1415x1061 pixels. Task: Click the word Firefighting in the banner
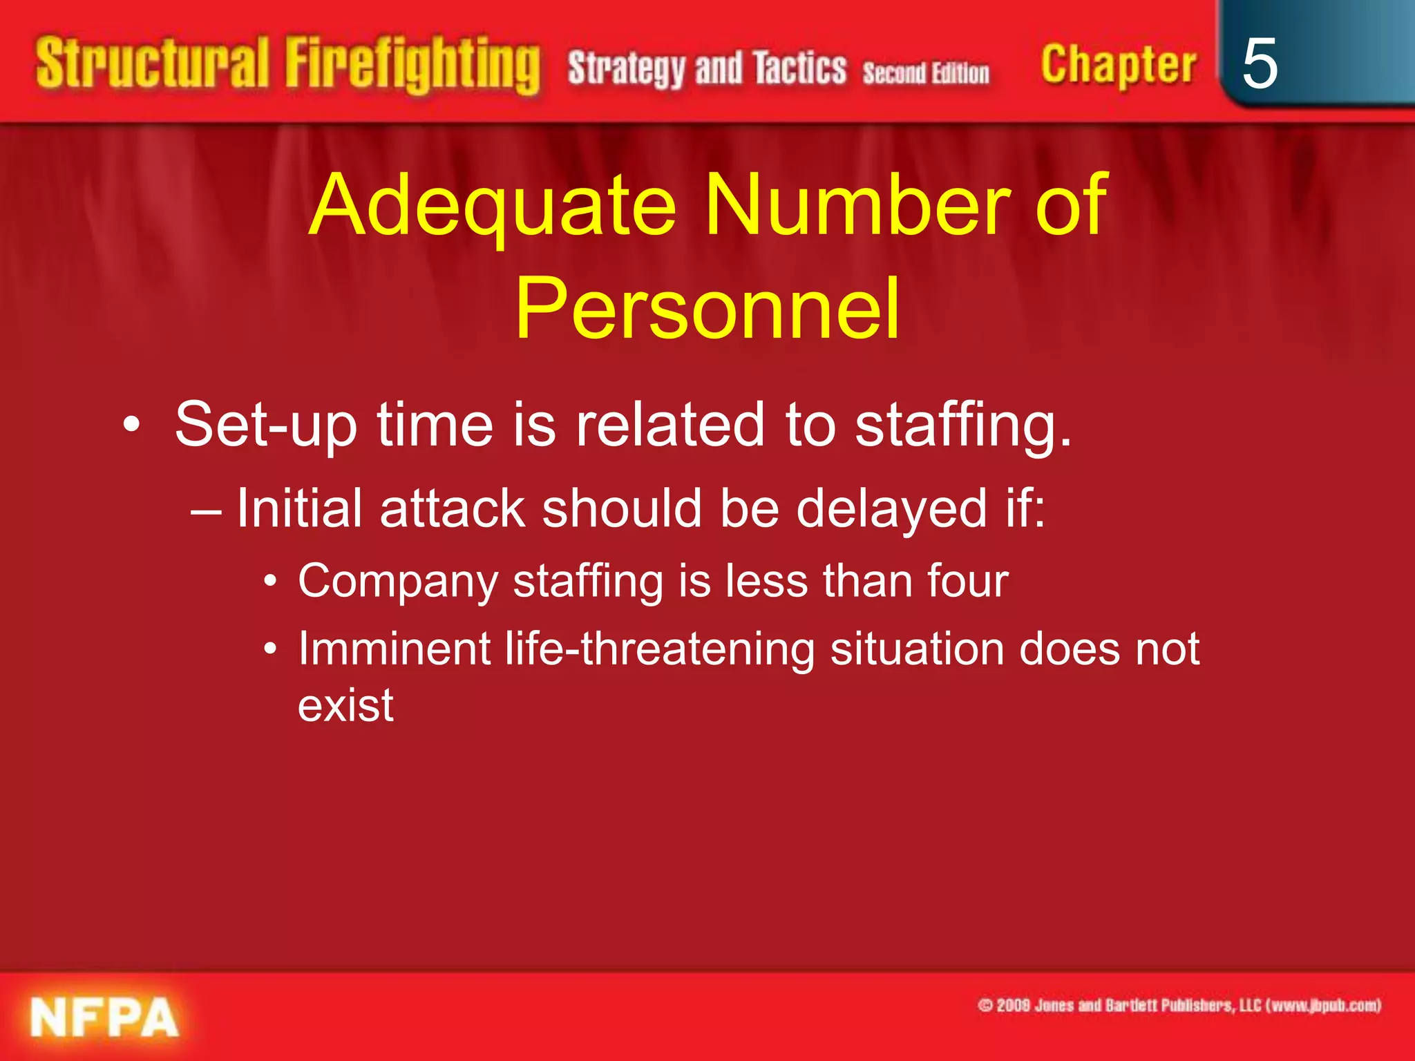coord(412,66)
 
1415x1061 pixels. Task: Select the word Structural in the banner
coord(152,64)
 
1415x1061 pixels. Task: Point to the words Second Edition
coord(925,73)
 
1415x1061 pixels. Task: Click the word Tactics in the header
coord(799,68)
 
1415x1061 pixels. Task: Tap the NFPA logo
coord(104,1017)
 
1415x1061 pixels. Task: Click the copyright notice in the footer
coord(1179,1005)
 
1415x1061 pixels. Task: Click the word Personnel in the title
coord(707,308)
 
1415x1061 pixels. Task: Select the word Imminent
coord(394,649)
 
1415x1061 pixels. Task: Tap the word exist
coord(345,705)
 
